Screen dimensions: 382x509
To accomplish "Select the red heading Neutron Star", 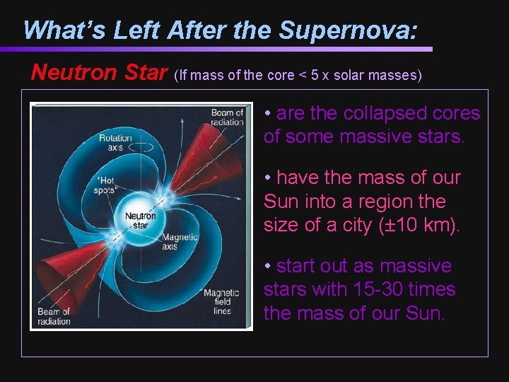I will click(x=100, y=72).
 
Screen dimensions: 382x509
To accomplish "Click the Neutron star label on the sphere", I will click(x=141, y=220).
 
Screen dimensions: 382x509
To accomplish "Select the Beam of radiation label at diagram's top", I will click(x=226, y=117).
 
